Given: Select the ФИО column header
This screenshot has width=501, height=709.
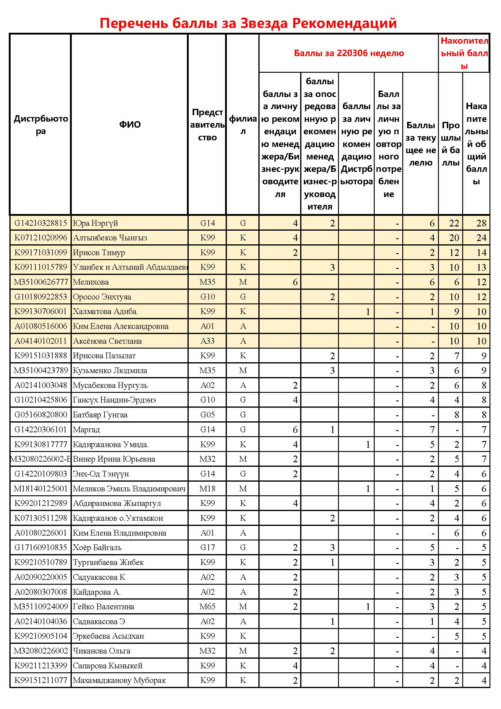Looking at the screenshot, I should click(130, 125).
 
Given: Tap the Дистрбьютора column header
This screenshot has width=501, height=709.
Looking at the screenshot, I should click(41, 125).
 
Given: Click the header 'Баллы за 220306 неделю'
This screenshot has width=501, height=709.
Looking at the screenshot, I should click(349, 53).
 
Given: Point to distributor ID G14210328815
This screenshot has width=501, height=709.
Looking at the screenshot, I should click(41, 223).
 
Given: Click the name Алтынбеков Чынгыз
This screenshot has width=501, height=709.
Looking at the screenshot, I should click(110, 238).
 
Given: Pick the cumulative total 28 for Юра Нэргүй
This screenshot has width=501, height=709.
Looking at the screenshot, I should click(481, 223).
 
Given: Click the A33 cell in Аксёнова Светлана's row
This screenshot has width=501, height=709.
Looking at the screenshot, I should click(207, 341).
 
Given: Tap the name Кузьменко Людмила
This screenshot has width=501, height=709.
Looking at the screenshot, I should click(110, 370).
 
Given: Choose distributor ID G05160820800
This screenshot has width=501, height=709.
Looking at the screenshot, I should click(41, 415).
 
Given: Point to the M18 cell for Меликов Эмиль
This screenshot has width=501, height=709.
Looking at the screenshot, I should click(207, 489).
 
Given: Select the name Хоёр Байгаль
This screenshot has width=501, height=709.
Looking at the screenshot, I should click(97, 547).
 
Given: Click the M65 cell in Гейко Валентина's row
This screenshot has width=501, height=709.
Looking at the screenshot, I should click(207, 607).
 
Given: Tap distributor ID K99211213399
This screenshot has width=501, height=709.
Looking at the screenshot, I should click(41, 665).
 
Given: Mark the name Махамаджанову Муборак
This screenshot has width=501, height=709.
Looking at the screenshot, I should click(119, 680).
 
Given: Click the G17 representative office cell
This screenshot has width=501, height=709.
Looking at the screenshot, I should click(207, 547).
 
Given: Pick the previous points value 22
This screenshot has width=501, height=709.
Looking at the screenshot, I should click(454, 223).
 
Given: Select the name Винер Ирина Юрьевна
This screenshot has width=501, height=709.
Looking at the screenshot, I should click(114, 459).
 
